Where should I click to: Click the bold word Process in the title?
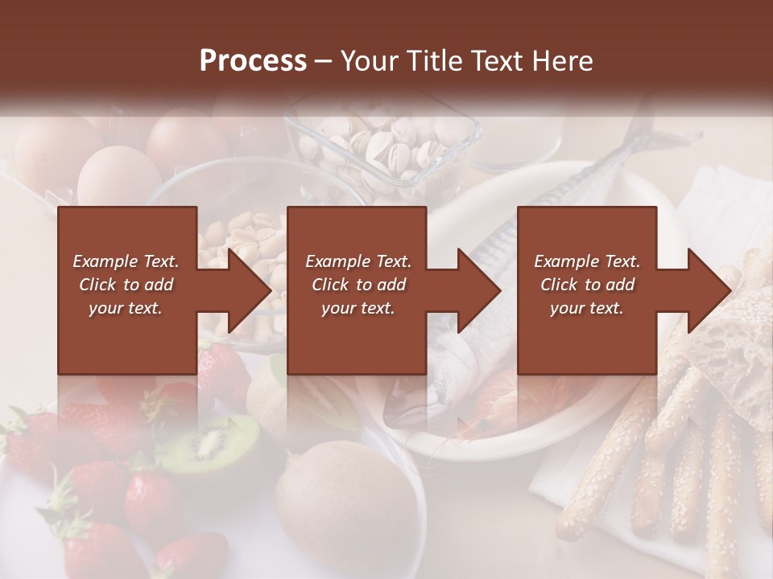tap(253, 61)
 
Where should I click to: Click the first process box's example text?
tap(126, 284)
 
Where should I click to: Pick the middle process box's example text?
tap(358, 284)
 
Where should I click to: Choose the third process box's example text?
tap(586, 284)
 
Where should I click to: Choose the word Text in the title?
tap(494, 61)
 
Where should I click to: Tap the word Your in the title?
tap(370, 61)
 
